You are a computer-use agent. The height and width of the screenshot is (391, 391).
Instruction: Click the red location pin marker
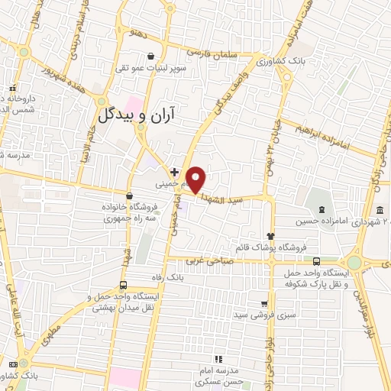196,179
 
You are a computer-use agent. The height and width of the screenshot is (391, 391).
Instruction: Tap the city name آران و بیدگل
147,115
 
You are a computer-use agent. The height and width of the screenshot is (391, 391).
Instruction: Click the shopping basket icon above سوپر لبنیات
151,56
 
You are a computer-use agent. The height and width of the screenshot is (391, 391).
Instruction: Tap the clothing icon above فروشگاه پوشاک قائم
270,235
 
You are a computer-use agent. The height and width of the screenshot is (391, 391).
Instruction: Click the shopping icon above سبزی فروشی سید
264,302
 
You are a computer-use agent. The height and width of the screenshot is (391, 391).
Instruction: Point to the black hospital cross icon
175,173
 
